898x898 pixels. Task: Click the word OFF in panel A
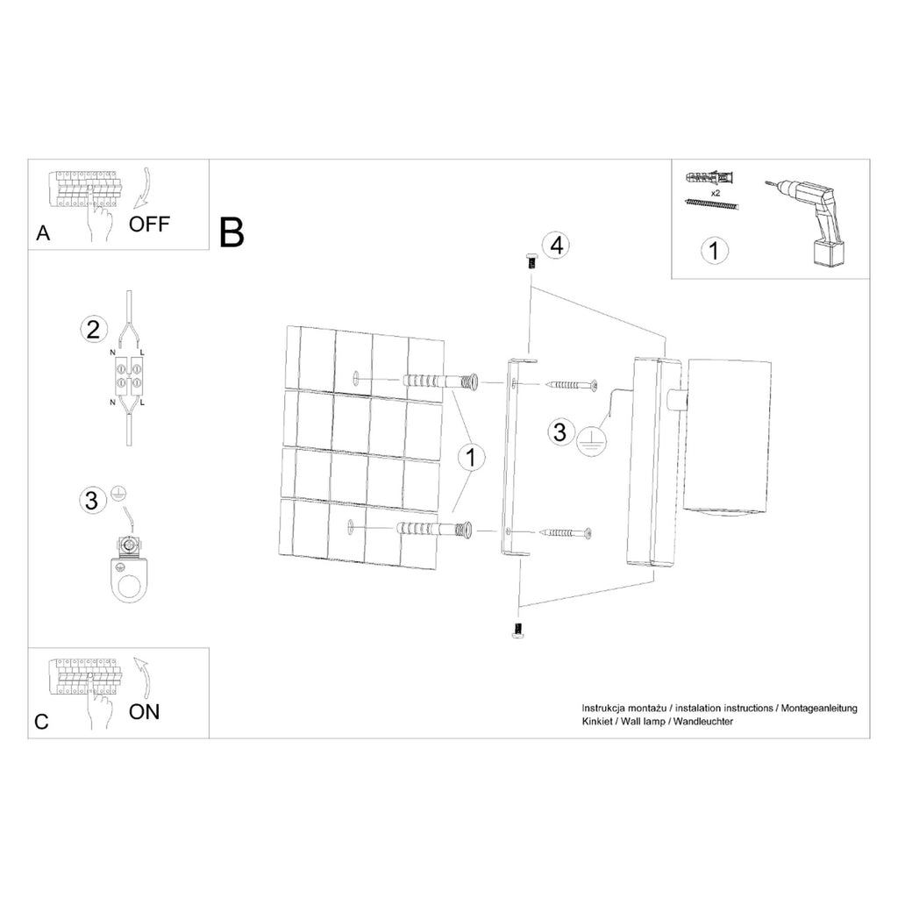click(149, 224)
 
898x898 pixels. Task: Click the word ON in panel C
click(145, 712)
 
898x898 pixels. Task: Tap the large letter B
click(232, 232)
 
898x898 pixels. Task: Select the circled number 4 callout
click(557, 246)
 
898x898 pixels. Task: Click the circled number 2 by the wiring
click(93, 330)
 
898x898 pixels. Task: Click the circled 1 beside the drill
click(714, 250)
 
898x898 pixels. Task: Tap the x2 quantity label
click(716, 193)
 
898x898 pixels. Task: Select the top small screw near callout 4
click(530, 261)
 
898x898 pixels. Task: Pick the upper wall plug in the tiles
click(440, 381)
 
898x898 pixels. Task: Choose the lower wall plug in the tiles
click(433, 529)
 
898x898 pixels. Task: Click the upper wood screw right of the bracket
click(573, 384)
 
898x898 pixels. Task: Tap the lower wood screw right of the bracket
click(565, 533)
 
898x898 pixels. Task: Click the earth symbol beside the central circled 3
click(591, 442)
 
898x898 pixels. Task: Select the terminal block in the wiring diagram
click(128, 375)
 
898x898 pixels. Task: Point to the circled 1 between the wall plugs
click(471, 458)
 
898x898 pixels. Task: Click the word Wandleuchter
click(703, 722)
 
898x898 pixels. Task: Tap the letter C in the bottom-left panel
click(42, 722)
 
